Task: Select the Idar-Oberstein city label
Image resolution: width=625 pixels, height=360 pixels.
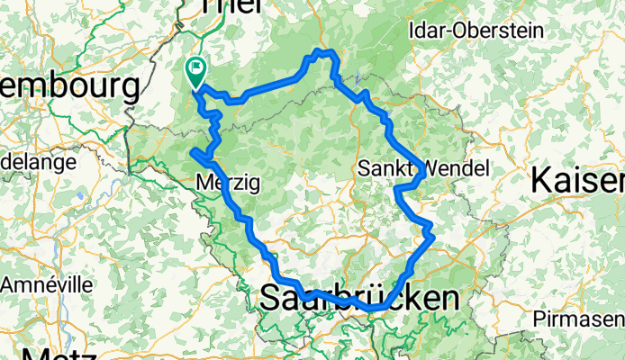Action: [476, 30]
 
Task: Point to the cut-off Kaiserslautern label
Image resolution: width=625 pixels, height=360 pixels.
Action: [577, 180]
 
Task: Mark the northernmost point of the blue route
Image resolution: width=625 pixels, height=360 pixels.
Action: [328, 51]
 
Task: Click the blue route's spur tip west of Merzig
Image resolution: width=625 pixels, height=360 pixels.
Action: [193, 153]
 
